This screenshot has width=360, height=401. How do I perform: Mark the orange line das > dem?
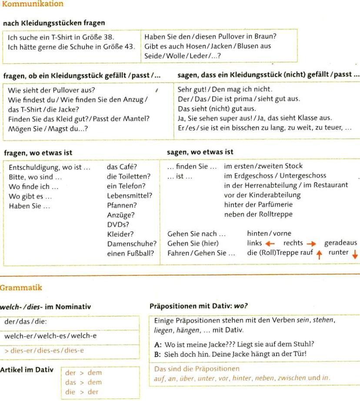pos(77,382)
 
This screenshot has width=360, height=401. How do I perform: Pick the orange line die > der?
pos(77,391)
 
